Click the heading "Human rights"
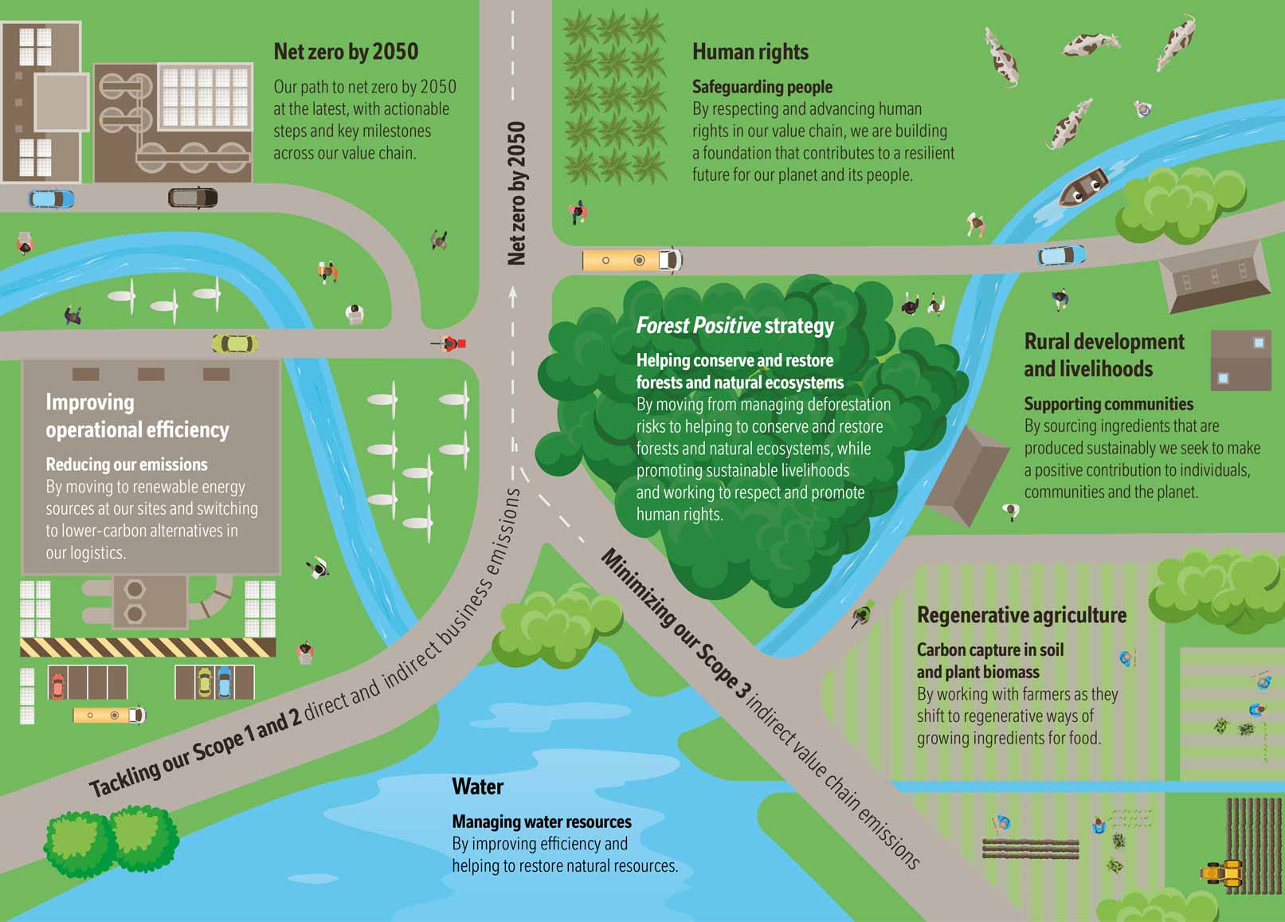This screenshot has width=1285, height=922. pyautogui.click(x=750, y=53)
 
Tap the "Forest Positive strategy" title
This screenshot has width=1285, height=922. pyautogui.click(x=735, y=326)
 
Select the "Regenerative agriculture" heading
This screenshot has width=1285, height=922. pyautogui.click(x=1021, y=615)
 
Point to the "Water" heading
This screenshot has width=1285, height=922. pyautogui.click(x=477, y=787)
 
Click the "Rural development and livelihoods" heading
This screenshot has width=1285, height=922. pyautogui.click(x=1103, y=355)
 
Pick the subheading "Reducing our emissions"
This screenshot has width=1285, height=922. pyautogui.click(x=126, y=465)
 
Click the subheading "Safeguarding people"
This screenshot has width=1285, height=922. pyautogui.click(x=762, y=87)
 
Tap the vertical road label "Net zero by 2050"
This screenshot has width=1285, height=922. pyautogui.click(x=517, y=193)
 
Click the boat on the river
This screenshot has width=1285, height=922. pyautogui.click(x=1083, y=186)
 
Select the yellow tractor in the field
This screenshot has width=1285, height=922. pyautogui.click(x=1222, y=873)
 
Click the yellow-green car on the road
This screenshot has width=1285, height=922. pyautogui.click(x=234, y=343)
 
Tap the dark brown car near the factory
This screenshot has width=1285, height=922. pyautogui.click(x=193, y=197)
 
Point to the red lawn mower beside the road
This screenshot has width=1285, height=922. pyautogui.click(x=451, y=344)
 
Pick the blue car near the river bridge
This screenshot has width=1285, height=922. pyautogui.click(x=1060, y=256)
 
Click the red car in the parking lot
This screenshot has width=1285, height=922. pyautogui.click(x=57, y=684)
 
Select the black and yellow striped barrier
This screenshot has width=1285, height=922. pyautogui.click(x=147, y=647)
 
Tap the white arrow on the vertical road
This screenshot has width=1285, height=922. pyautogui.click(x=513, y=296)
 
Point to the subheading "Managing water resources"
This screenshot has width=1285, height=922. pyautogui.click(x=541, y=822)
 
